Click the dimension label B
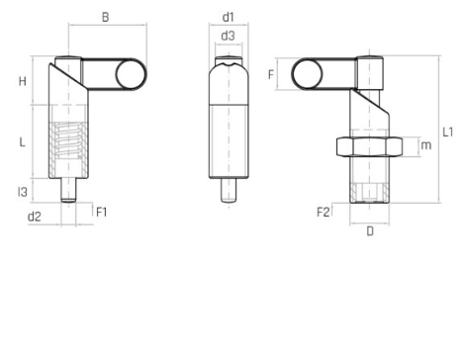pyautogui.click(x=105, y=17)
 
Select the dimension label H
pyautogui.click(x=23, y=81)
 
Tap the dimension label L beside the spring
pyautogui.click(x=22, y=142)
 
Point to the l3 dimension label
pyautogui.click(x=23, y=192)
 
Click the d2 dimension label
pyautogui.click(x=34, y=217)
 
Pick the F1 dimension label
pyautogui.click(x=102, y=212)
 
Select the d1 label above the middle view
pyautogui.click(x=228, y=17)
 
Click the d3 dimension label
pyautogui.click(x=228, y=36)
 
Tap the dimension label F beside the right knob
pyautogui.click(x=271, y=74)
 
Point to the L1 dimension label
pyautogui.click(x=447, y=132)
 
